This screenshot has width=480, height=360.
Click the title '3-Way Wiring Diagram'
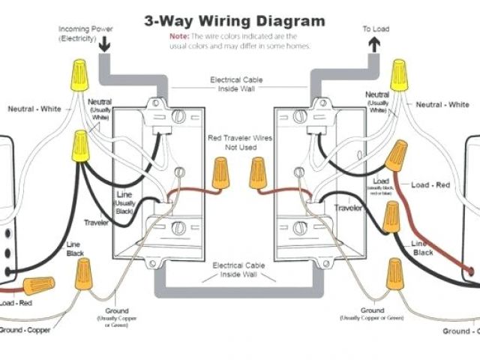click(x=235, y=20)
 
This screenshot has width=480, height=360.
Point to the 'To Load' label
click(x=375, y=29)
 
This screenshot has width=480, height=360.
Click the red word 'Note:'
click(x=178, y=36)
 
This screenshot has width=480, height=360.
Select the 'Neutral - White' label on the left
click(x=34, y=109)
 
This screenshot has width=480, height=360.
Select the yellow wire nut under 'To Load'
click(x=399, y=75)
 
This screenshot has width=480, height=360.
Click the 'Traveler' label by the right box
click(x=349, y=206)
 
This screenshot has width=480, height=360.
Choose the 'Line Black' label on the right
click(x=422, y=248)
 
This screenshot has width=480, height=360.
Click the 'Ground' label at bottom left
click(x=117, y=310)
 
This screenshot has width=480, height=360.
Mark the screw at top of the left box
click(x=178, y=116)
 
